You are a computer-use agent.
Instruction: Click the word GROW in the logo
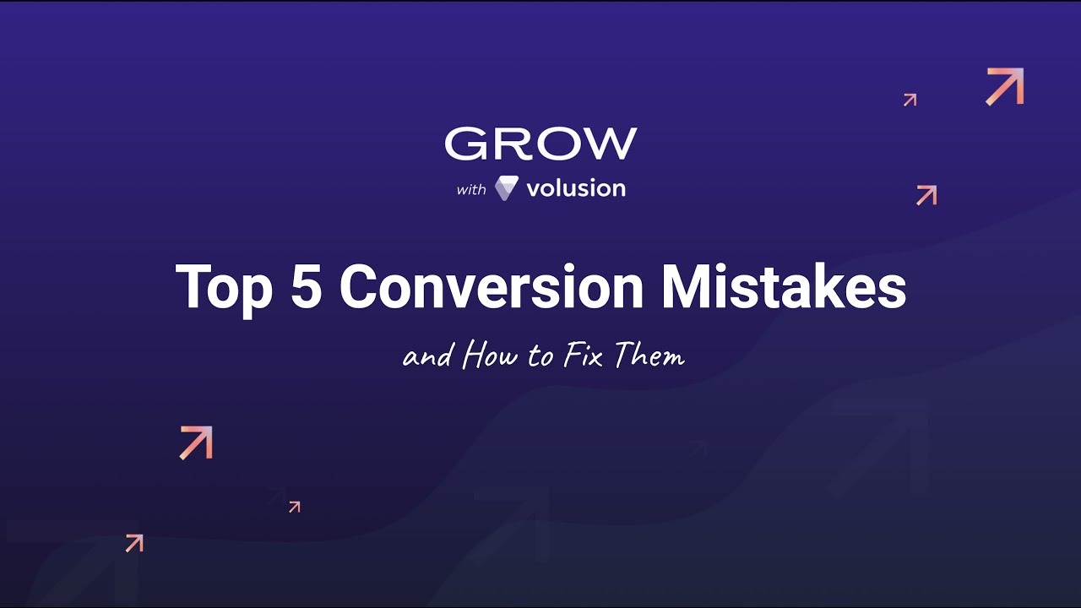tap(540, 144)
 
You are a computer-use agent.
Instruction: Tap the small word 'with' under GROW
tap(471, 189)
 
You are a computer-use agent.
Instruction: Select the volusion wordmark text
tap(576, 188)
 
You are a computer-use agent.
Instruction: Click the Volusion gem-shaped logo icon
tap(506, 188)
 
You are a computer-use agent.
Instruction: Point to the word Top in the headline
tap(224, 287)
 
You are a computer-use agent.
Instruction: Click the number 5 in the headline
tap(305, 287)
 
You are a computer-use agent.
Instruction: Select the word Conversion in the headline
tap(492, 287)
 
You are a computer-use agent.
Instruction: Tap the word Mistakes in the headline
tap(784, 287)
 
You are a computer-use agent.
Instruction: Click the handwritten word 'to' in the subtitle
tap(540, 357)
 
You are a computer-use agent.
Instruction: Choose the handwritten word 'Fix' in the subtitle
tap(582, 356)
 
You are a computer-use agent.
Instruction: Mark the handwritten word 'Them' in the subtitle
tap(649, 356)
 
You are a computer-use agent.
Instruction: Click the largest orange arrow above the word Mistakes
tap(1005, 87)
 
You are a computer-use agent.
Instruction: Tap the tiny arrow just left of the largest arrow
tap(910, 100)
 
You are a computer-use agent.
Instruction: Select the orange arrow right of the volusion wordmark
tap(926, 195)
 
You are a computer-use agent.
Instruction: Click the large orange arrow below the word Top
tap(196, 442)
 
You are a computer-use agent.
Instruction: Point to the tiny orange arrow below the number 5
tap(294, 507)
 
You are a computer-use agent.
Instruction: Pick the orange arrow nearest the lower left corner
tap(134, 543)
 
